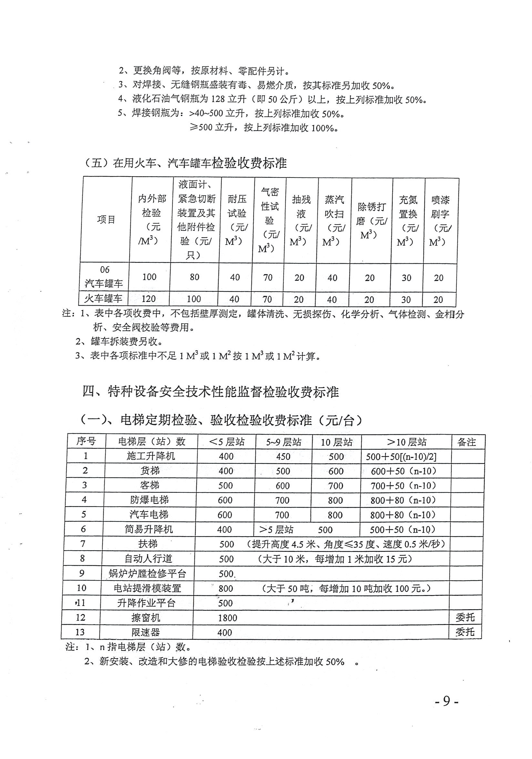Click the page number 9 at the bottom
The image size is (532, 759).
[446, 701]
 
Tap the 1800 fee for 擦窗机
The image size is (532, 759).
[228, 618]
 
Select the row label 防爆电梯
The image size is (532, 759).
[149, 500]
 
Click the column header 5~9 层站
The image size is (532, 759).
[284, 442]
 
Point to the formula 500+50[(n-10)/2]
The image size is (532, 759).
[401, 457]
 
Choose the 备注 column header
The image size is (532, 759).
[466, 442]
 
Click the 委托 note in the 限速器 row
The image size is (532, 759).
[465, 632]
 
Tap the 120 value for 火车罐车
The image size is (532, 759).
[148, 299]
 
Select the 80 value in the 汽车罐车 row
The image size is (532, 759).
[194, 277]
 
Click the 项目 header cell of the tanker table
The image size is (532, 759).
[106, 219]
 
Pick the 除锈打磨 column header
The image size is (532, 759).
[371, 220]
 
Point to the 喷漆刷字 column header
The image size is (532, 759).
[440, 220]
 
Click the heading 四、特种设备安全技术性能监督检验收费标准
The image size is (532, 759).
[210, 392]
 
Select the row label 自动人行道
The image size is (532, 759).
[148, 559]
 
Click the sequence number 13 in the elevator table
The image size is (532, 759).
[80, 632]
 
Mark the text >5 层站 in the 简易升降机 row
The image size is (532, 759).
[276, 530]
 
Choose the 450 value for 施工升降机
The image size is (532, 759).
[283, 457]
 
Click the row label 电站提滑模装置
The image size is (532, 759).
[148, 588]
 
